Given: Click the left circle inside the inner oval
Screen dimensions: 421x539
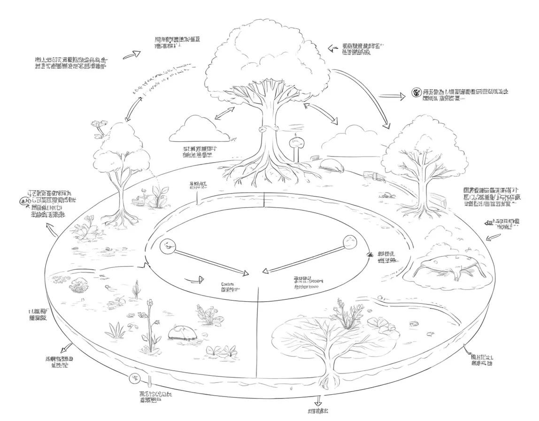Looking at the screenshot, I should pos(167,246).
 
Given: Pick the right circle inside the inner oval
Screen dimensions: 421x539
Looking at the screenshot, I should pos(350,241).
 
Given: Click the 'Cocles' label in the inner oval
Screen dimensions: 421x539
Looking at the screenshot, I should pos(228,285).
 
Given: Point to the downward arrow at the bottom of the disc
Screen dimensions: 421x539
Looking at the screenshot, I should pos(318,400).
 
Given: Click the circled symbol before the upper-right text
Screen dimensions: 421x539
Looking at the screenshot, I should pos(416,92).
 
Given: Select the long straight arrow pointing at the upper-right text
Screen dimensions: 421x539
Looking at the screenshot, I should pos(392,96).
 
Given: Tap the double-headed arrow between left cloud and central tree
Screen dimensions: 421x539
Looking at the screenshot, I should pos(225,115).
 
